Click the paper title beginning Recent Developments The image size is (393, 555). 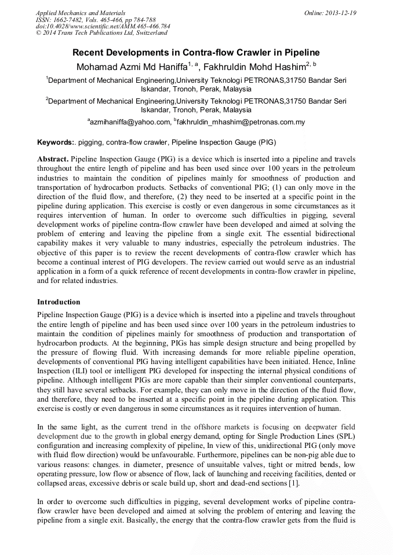point(196,53)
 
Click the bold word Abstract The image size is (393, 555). point(53,158)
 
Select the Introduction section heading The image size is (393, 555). point(59,302)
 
